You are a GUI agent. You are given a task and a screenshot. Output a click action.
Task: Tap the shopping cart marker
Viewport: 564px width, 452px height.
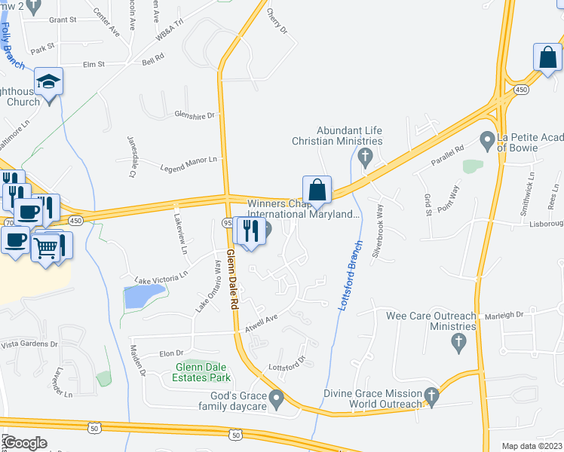coord(47,246)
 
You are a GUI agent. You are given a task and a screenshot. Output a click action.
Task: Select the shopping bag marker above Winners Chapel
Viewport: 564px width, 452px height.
coord(317,189)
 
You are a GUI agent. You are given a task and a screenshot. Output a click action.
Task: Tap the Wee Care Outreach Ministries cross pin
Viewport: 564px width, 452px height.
coord(457,344)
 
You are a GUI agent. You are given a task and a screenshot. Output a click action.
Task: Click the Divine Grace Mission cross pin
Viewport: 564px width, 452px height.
coord(431,395)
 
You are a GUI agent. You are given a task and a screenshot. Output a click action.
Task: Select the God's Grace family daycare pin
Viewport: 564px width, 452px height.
coord(277,397)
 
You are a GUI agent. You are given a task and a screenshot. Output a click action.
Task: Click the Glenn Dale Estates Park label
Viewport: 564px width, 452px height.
coord(201,372)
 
